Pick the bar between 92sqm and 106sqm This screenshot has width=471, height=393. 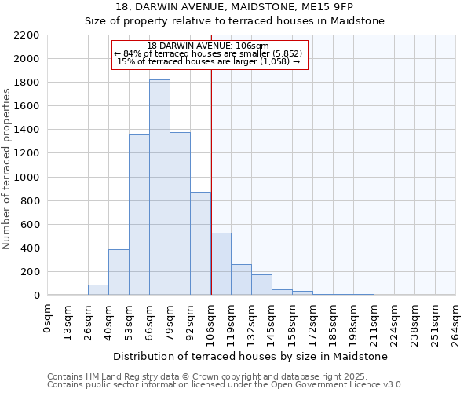point(200,244)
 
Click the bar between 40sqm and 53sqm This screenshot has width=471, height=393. point(119,272)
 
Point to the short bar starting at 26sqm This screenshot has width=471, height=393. point(98,290)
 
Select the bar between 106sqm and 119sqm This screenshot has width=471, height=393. point(221,264)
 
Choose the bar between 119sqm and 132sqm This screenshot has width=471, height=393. point(241,280)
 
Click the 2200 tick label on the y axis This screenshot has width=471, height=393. point(26,35)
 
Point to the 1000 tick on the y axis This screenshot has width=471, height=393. point(26,178)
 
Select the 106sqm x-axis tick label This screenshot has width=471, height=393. point(211,320)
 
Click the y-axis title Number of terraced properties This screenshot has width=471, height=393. point(7,169)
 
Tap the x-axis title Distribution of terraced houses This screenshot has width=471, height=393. point(235,356)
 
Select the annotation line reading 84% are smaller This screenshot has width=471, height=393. point(208,53)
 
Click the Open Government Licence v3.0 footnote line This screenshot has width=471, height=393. point(225,385)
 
